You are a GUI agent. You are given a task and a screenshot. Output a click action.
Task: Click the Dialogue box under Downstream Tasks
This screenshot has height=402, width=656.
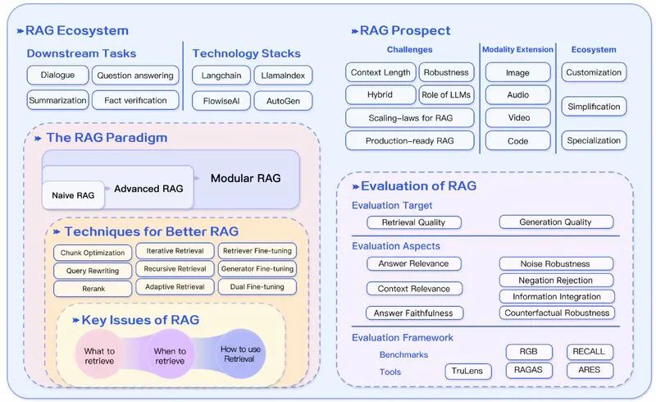point(57,75)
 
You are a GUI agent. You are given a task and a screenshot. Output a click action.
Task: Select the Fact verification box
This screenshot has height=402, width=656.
point(135,101)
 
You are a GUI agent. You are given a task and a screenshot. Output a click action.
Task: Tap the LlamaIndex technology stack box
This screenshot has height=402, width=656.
point(283,75)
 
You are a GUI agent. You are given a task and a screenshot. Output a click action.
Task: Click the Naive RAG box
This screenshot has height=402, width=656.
point(73,194)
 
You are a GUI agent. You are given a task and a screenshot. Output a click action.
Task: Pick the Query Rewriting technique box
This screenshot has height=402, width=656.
point(93,271)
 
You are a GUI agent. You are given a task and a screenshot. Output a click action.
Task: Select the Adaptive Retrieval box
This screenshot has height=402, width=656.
point(175,287)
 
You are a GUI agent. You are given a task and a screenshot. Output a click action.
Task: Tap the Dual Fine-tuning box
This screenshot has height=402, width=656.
point(257,287)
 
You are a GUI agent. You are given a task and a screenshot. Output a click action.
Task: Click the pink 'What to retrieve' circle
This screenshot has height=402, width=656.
point(99,355)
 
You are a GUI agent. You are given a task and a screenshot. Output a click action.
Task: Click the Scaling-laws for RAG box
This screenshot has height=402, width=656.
point(410,117)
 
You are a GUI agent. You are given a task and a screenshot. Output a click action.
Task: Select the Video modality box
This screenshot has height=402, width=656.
point(517,117)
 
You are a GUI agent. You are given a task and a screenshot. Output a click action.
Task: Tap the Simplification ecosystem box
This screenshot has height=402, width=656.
point(594,107)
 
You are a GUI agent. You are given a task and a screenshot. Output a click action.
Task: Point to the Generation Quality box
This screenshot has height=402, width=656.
point(556,222)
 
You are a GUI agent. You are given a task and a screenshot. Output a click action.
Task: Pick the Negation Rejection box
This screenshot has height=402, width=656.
point(556,281)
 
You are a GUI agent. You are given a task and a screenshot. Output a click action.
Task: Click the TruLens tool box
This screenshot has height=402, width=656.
point(468,371)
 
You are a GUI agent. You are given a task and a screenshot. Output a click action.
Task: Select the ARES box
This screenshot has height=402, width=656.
point(589,370)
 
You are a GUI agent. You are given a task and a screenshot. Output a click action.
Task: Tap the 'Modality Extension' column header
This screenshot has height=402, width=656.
point(517,49)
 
